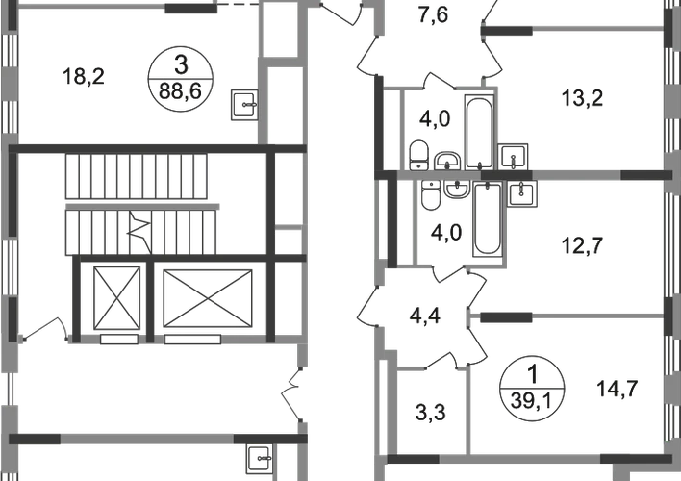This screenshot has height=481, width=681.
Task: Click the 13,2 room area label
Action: tap(587, 96)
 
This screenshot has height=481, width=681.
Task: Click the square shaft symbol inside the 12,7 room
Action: tap(524, 195)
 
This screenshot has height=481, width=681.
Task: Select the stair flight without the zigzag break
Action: tap(139, 178)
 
